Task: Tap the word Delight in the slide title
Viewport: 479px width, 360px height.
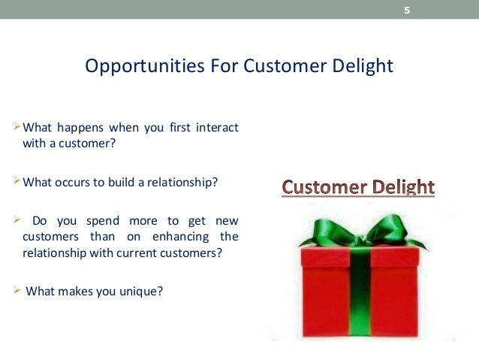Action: (366, 66)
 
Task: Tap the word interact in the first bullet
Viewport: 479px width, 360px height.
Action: (217, 128)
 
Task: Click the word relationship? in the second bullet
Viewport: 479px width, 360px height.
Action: (182, 181)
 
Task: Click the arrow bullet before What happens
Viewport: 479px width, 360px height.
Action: (19, 128)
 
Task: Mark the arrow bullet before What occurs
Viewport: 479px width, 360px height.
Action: (19, 181)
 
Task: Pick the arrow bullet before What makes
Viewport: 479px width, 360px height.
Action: (19, 290)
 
